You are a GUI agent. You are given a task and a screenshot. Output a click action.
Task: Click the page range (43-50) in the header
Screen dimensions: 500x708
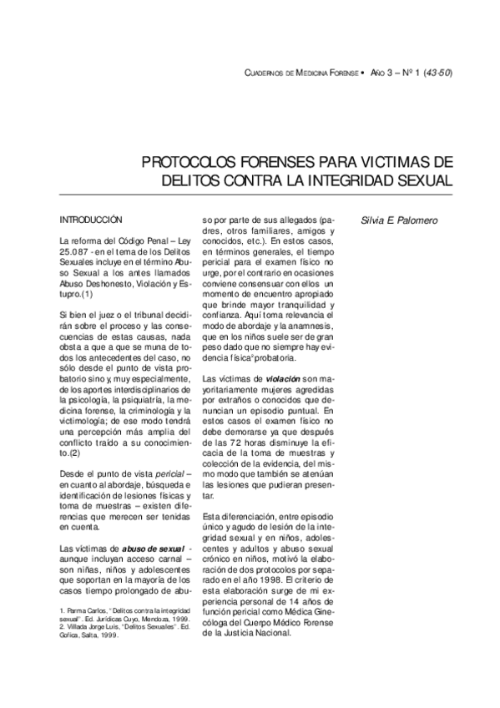point(437,73)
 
